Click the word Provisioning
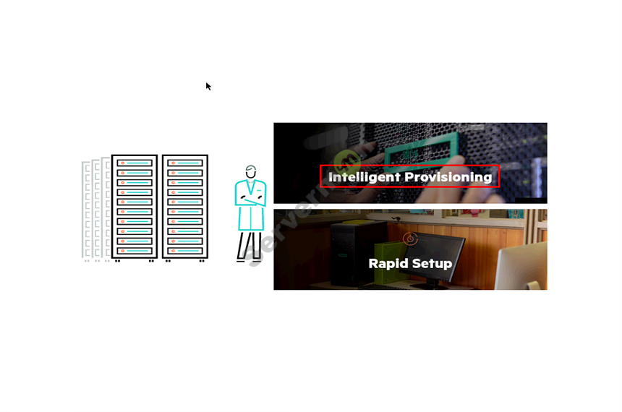coord(448,177)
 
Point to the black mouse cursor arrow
coord(208,86)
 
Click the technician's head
coord(251,172)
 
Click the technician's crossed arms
coord(250,199)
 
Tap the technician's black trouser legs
coord(250,246)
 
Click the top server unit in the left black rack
coord(135,163)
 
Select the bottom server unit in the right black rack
coord(184,250)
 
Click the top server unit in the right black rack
coord(184,163)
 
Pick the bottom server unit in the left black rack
coord(135,250)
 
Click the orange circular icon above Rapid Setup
coord(410,239)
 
